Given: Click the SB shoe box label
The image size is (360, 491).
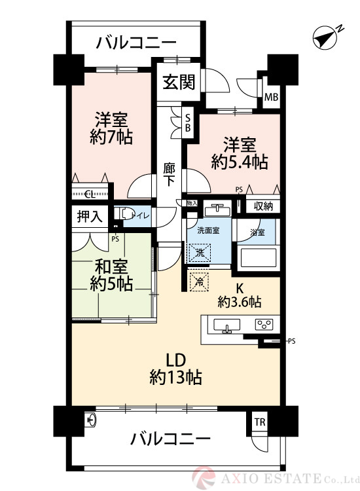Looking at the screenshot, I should coord(188,122).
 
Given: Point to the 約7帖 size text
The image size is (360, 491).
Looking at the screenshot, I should coord(111,137).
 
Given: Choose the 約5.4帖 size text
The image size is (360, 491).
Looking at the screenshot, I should coord(239,161).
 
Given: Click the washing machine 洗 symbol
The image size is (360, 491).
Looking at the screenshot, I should coord(199,251).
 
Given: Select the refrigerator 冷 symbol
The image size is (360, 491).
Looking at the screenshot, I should coord(199,282).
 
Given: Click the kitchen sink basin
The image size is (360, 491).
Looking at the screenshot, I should coord(227,325).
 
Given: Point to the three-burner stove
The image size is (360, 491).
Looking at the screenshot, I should coord(264,325).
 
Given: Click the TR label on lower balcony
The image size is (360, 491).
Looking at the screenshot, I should coord(260,422).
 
